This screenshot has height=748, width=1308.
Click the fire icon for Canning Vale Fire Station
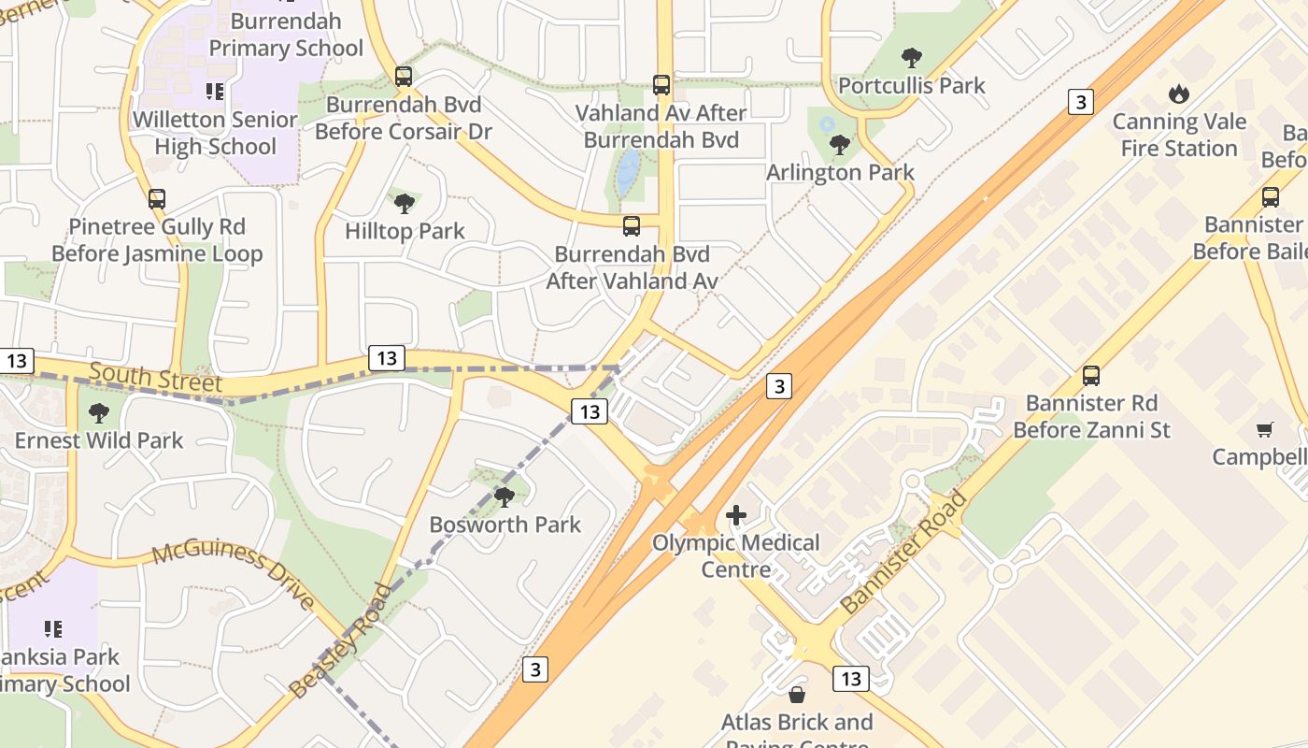tap(1179, 93)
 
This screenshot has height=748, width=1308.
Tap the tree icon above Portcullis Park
tap(912, 58)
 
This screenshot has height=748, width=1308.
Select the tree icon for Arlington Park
tap(840, 145)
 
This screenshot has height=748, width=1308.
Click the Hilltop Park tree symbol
tap(405, 203)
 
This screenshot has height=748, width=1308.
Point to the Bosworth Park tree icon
tap(505, 496)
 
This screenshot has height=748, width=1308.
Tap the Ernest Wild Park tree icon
tap(99, 412)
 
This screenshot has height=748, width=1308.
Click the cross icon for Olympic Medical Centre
tap(736, 514)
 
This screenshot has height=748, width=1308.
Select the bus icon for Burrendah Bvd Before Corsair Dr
tap(404, 77)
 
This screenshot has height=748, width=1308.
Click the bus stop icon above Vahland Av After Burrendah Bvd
tap(661, 85)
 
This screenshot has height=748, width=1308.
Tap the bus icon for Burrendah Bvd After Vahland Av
tap(632, 226)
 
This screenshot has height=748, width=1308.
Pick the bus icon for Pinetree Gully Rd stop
tap(157, 199)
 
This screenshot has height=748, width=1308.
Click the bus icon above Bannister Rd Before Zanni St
tap(1091, 376)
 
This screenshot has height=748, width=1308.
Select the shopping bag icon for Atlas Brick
tap(797, 695)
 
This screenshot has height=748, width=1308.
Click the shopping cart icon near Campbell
tap(1265, 430)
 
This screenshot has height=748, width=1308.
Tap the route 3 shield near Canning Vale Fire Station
tap(1080, 102)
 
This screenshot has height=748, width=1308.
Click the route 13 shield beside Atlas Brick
tap(850, 679)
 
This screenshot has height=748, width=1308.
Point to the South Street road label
tap(155, 379)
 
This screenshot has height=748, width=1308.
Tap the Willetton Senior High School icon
tap(215, 92)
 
